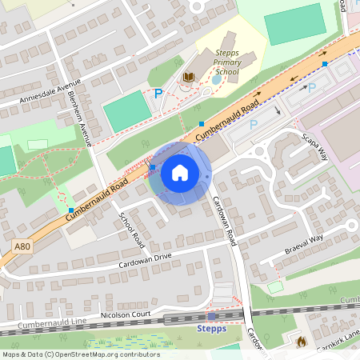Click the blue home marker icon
click(x=180, y=173)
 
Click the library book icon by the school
click(x=190, y=77)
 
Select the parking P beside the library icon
click(x=158, y=94)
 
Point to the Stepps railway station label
click(x=211, y=328)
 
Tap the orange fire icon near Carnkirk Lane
click(x=301, y=342)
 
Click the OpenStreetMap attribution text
click(x=80, y=354)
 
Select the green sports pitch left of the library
click(x=127, y=111)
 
